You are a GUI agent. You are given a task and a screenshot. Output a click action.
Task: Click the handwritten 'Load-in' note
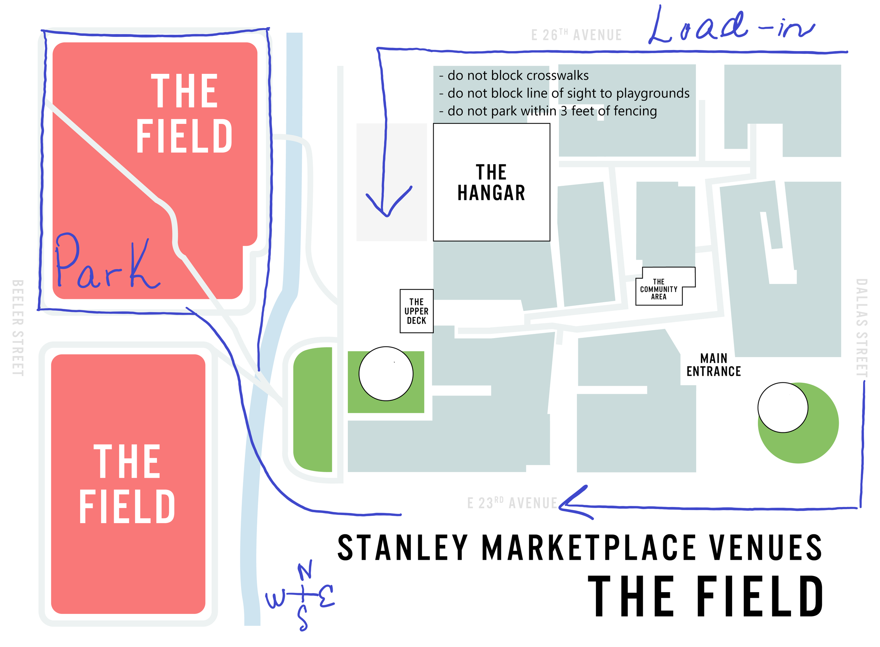tap(731, 27)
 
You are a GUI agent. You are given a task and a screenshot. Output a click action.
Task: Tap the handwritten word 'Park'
tap(107, 262)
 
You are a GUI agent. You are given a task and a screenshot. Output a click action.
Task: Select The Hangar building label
tap(491, 183)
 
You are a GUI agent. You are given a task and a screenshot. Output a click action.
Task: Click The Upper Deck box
tap(416, 311)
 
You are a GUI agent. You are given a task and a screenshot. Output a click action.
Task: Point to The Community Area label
tap(659, 289)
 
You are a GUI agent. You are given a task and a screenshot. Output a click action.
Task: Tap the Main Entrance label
tap(714, 365)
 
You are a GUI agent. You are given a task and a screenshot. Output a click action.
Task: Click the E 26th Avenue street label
tap(576, 35)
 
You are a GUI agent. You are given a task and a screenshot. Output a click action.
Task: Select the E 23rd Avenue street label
tap(512, 503)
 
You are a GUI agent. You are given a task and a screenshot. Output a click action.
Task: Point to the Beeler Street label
tap(18, 328)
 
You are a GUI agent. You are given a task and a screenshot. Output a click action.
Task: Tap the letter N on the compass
tap(305, 570)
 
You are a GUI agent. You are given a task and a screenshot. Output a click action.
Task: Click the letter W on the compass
tap(276, 599)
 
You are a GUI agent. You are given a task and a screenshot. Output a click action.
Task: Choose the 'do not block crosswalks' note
tap(514, 75)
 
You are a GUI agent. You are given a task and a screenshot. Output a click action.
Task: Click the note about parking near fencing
tap(548, 111)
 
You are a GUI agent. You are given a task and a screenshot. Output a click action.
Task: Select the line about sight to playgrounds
tap(564, 93)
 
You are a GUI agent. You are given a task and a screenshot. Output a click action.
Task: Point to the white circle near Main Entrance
tap(782, 408)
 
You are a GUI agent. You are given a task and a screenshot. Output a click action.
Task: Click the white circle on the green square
tap(386, 374)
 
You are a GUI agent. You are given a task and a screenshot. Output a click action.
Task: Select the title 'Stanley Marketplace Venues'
tap(579, 548)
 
